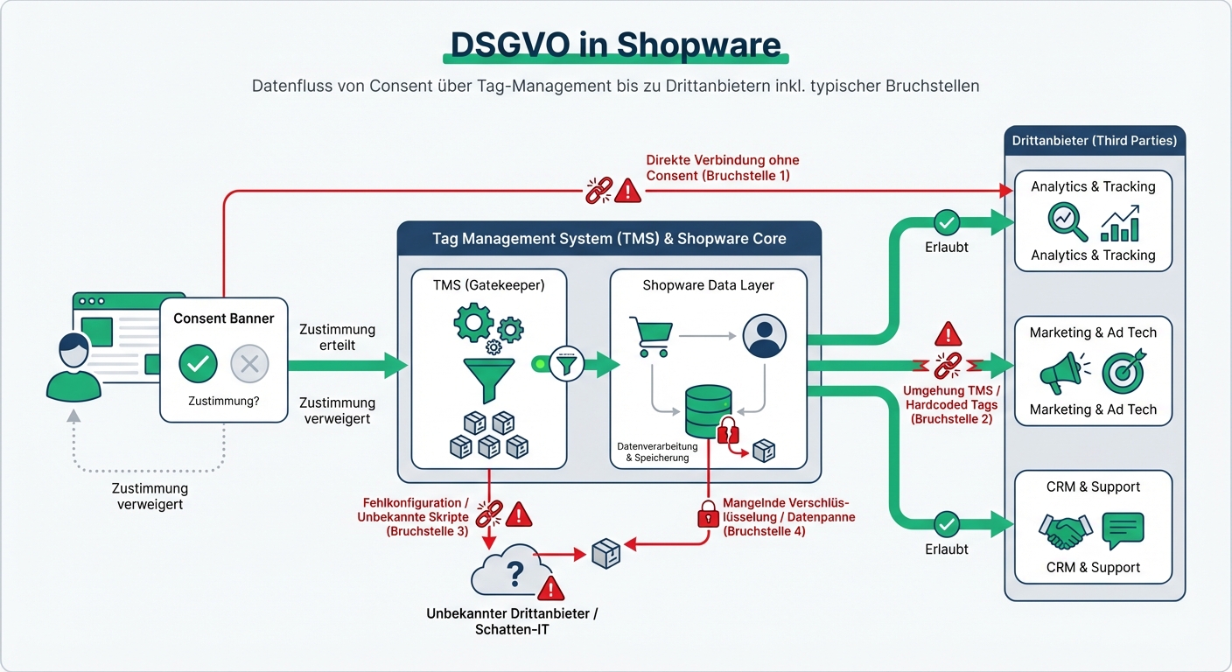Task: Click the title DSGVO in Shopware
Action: pos(615,45)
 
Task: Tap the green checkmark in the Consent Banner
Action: pos(198,364)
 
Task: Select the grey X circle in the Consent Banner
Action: pos(249,364)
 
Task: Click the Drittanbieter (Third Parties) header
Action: pos(1094,140)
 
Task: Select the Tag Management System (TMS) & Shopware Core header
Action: pos(609,238)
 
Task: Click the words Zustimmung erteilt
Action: pos(337,337)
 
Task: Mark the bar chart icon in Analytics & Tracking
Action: pos(1120,223)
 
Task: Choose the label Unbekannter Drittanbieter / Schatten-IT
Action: pos(512,621)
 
